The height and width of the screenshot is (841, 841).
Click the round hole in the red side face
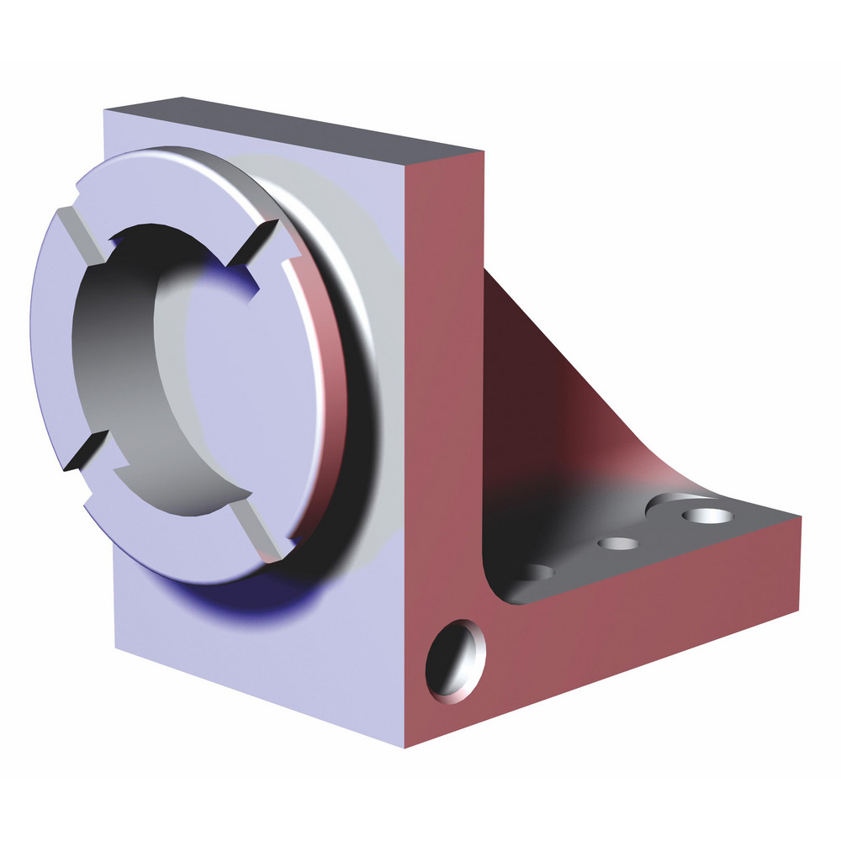[x=457, y=660]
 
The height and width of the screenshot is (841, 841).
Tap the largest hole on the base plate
[x=705, y=514]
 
